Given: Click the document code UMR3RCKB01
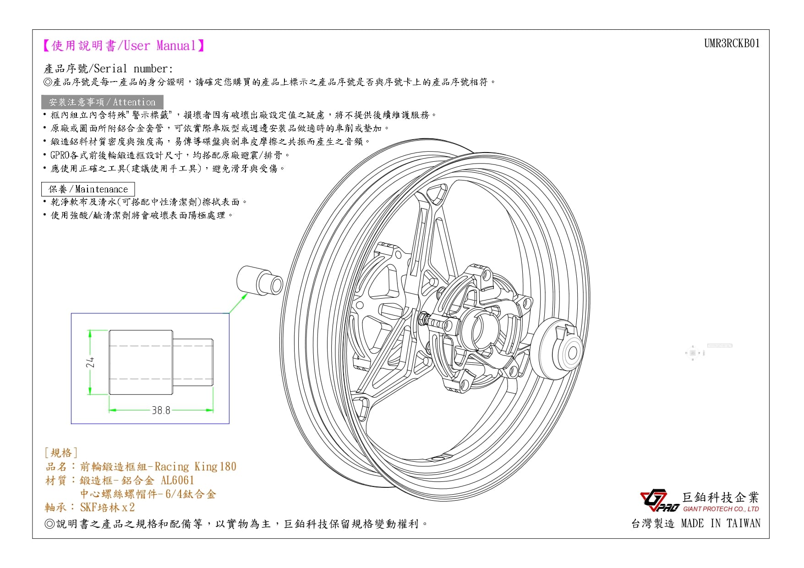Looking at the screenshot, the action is click(732, 44).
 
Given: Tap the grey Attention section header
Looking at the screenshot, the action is click(102, 102).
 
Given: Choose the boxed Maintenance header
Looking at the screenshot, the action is click(88, 189).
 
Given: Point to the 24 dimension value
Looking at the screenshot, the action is click(91, 362).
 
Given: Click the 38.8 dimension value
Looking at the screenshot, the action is click(161, 410).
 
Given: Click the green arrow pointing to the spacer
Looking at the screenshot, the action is click(238, 303).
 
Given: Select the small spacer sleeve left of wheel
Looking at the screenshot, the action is click(260, 280).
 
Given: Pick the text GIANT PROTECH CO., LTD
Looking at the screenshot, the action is click(721, 509).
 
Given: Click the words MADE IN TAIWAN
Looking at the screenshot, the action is click(720, 524).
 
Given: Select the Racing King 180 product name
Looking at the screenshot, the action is click(196, 467).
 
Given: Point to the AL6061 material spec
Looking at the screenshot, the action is click(178, 481).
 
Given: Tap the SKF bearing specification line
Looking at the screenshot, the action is click(90, 508).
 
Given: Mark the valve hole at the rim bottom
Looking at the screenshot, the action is click(438, 458).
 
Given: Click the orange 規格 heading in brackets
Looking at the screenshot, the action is click(61, 453).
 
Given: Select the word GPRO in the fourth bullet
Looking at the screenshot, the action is click(60, 155).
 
